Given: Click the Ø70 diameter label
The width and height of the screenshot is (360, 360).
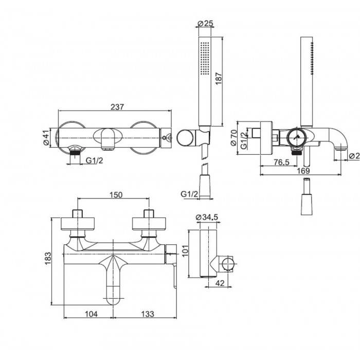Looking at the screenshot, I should (232, 137).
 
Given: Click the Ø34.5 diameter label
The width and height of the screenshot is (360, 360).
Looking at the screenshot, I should (208, 218).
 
